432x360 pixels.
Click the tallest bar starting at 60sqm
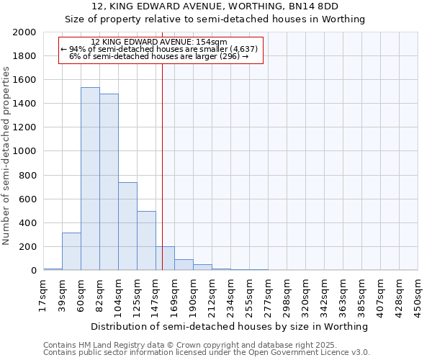tap(90, 179)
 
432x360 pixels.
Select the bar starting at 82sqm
tap(109, 182)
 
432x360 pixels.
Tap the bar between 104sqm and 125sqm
tap(127, 226)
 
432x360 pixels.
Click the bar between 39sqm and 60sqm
tap(71, 251)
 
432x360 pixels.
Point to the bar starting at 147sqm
tap(165, 258)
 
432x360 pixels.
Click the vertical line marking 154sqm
tap(163, 144)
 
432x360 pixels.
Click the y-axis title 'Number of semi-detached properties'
tap(6, 156)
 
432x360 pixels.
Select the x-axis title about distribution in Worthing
tap(230, 326)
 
